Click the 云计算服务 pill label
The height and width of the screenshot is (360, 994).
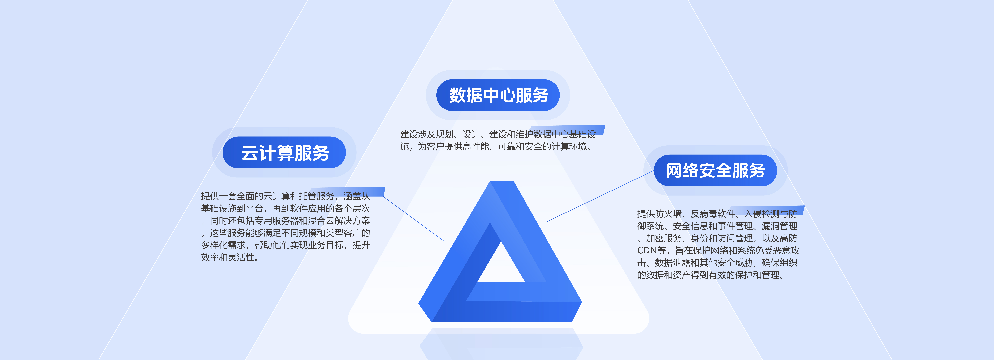pos(284,152)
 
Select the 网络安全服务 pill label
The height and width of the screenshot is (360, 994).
pos(715,170)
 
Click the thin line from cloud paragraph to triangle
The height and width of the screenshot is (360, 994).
pos(414,219)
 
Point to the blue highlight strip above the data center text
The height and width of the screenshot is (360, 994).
pos(567,130)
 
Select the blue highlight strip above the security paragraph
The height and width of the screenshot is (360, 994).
pos(767,210)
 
